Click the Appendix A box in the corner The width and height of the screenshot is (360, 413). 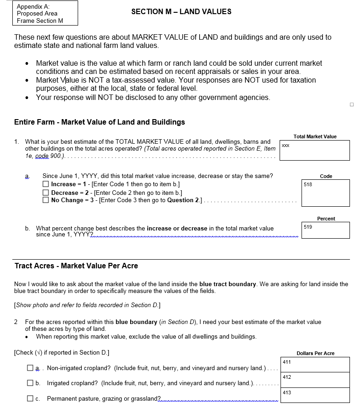[x=40, y=13]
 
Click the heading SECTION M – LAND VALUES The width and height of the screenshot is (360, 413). [x=181, y=12]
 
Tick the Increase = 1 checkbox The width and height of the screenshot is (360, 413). [x=46, y=184]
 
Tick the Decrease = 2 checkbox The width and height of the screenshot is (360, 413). [x=46, y=193]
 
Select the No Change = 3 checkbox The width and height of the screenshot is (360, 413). [x=46, y=200]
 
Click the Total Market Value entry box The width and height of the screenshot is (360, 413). [x=315, y=151]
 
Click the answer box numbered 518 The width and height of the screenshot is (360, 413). [x=326, y=193]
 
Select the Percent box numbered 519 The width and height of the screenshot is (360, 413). [x=326, y=230]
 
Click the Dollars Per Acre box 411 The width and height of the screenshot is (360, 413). [x=315, y=365]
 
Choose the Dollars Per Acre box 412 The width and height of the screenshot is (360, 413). [x=315, y=380]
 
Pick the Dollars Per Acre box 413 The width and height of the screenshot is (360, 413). [x=315, y=395]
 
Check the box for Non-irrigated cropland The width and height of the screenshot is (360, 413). [x=30, y=368]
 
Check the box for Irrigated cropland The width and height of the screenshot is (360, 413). [x=30, y=383]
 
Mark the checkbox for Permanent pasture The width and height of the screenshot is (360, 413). [x=30, y=399]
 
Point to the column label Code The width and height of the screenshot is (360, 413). [x=326, y=176]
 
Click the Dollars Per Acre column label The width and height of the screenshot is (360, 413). [x=315, y=353]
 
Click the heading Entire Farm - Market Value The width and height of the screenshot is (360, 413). [x=100, y=122]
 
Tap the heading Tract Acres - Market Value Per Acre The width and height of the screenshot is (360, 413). [x=76, y=266]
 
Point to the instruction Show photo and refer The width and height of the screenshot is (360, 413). [x=87, y=305]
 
